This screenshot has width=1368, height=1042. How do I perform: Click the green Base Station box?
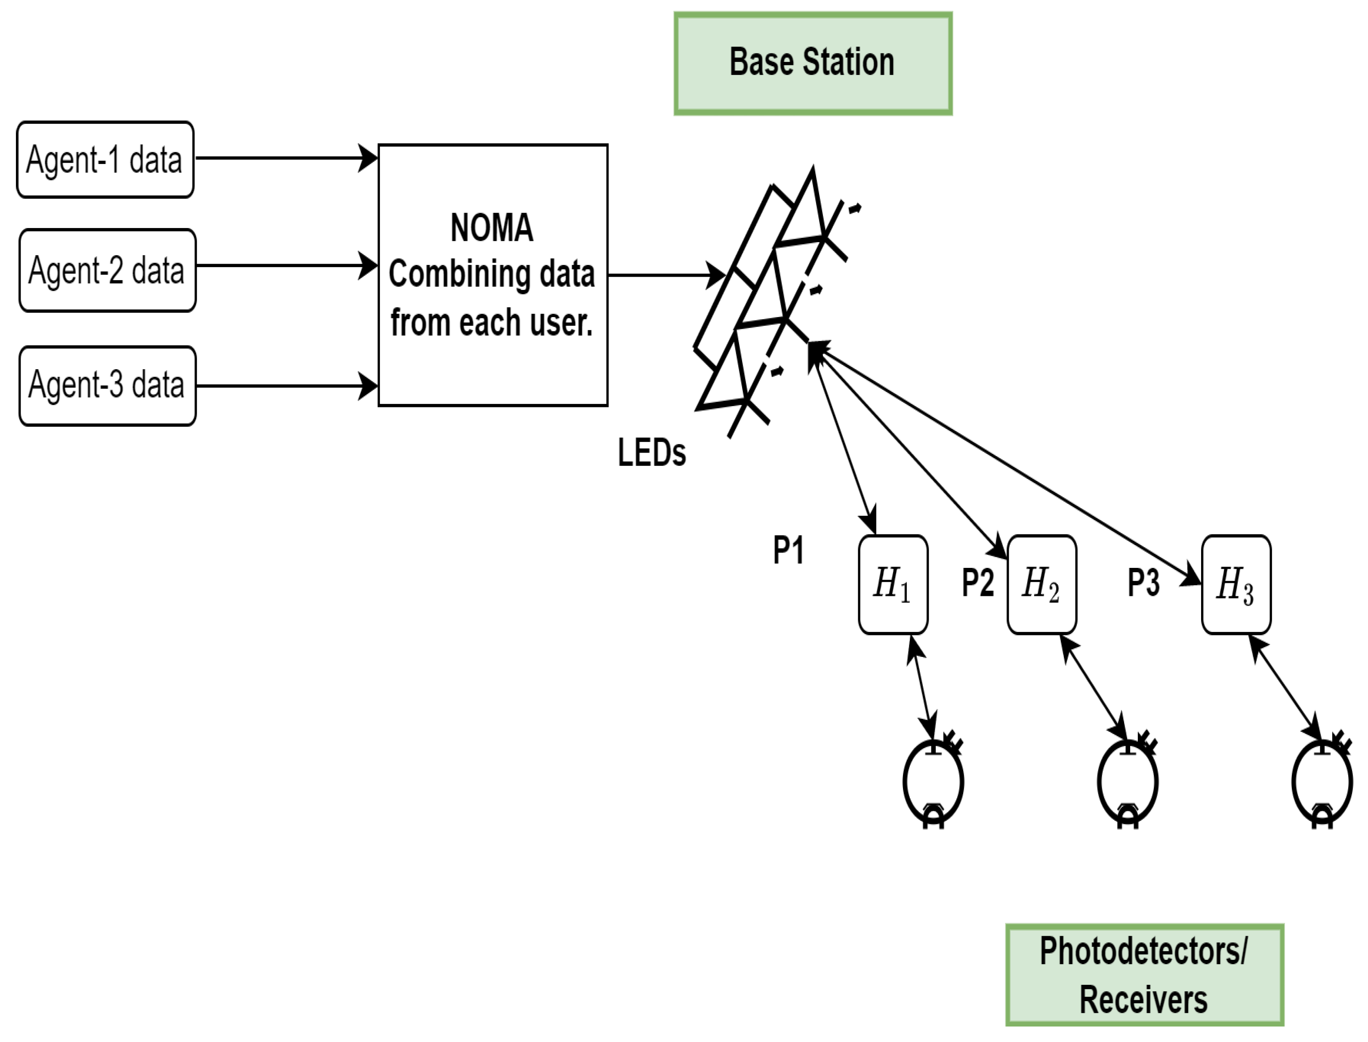pyautogui.click(x=812, y=63)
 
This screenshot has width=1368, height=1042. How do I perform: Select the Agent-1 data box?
pyautogui.click(x=105, y=160)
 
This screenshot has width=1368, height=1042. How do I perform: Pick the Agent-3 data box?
pyautogui.click(x=107, y=385)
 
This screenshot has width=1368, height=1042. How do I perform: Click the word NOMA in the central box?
pyautogui.click(x=492, y=228)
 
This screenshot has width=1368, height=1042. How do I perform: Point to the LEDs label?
pyautogui.click(x=651, y=453)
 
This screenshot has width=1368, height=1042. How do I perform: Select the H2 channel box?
pyautogui.click(x=1041, y=584)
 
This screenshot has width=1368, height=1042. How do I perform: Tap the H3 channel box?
pyautogui.click(x=1236, y=584)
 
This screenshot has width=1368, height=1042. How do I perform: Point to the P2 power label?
pyautogui.click(x=977, y=583)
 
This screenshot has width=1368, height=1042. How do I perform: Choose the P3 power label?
pyautogui.click(x=1143, y=583)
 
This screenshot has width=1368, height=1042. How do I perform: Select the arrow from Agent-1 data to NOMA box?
pyautogui.click(x=285, y=158)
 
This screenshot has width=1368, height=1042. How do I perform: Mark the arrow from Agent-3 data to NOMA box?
pyautogui.click(x=285, y=386)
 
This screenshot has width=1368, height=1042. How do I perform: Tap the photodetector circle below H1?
pyautogui.click(x=933, y=783)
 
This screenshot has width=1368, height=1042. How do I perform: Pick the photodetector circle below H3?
pyautogui.click(x=1322, y=783)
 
